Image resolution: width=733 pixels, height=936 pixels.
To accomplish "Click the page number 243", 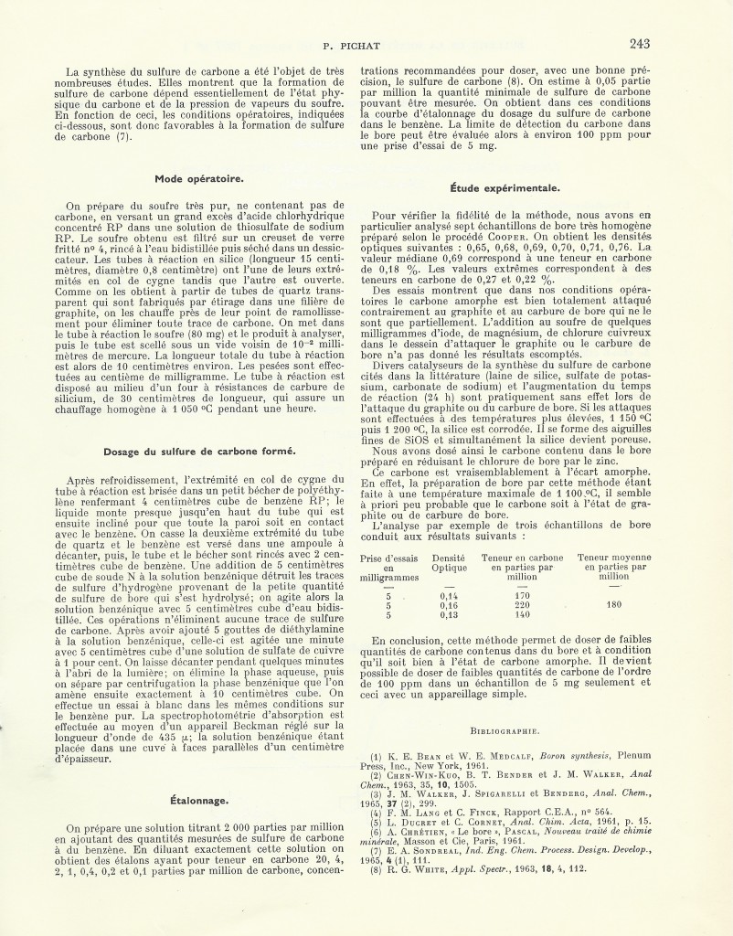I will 639,43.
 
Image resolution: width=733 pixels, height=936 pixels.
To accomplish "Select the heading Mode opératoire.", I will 198,177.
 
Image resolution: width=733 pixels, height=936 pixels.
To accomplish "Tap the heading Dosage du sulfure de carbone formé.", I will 198,451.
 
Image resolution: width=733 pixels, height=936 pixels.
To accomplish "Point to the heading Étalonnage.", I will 198,801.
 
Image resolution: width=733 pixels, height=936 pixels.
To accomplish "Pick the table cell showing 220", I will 523,605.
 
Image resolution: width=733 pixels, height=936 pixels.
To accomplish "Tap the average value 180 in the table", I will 613,605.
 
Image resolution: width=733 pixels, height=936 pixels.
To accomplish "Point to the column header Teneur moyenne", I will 613,557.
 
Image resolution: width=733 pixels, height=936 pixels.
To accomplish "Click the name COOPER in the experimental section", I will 537,236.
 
